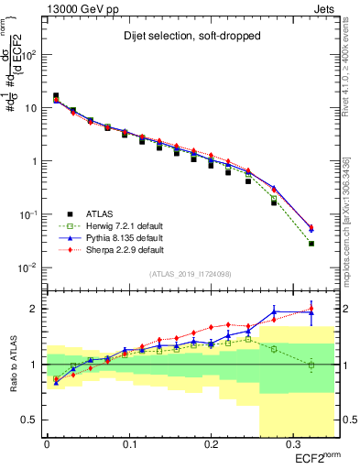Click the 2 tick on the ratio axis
click(35, 309)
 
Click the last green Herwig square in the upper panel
click(311, 244)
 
